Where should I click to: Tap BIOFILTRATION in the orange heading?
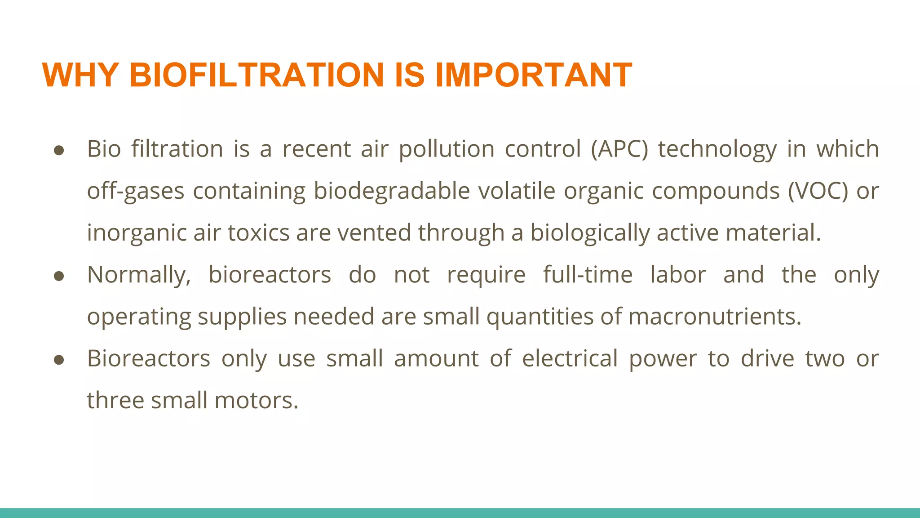click(x=257, y=75)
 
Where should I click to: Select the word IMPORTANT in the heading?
click(x=534, y=75)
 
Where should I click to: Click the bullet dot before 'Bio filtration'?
click(x=59, y=150)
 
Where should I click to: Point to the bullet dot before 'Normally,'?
click(x=59, y=276)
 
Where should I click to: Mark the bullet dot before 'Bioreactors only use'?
click(x=59, y=360)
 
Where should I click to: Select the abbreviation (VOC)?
click(x=818, y=191)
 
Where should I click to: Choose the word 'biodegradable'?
click(x=391, y=191)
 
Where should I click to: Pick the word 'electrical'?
click(x=570, y=358)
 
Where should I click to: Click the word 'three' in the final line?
click(x=115, y=400)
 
